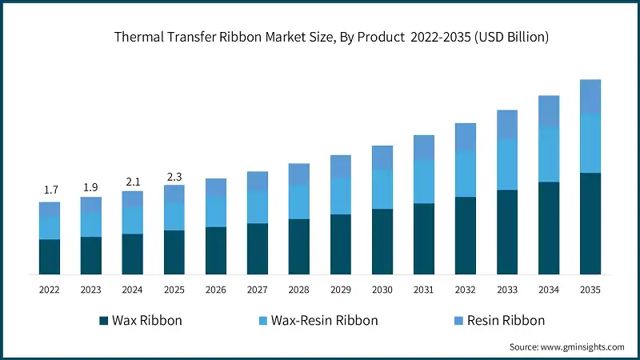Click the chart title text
pos(320,37)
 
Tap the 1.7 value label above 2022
pos(50,190)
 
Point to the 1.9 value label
pos(91,186)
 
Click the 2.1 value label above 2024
pos(133,181)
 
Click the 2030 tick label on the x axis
pos(382,289)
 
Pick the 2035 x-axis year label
pos(590,289)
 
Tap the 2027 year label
pos(258,289)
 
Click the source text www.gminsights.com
pos(566,347)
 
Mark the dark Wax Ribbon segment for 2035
pos(590,223)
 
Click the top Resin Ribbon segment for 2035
pos(590,96)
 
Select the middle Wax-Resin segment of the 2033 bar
pos(507,164)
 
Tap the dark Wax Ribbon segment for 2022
pos(50,257)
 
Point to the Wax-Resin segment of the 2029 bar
pos(341,196)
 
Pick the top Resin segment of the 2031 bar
pos(424,147)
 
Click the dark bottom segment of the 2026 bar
pos(216,250)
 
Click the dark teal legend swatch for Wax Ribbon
pos(103,321)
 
